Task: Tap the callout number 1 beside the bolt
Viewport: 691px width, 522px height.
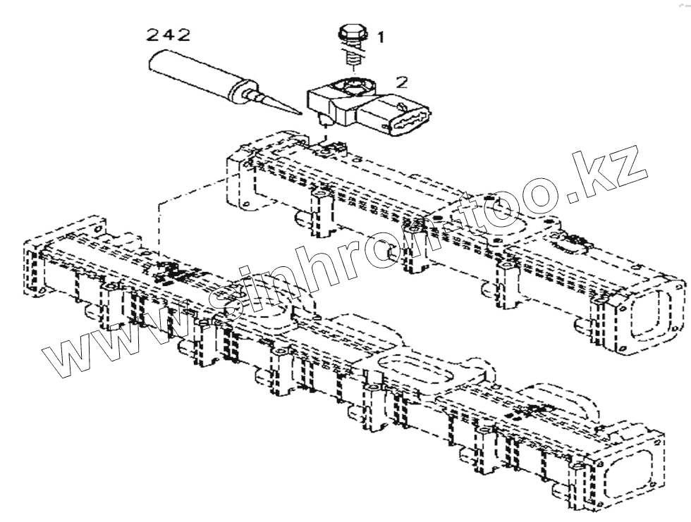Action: pyautogui.click(x=380, y=37)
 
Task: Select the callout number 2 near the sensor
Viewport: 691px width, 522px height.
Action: pyautogui.click(x=401, y=82)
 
